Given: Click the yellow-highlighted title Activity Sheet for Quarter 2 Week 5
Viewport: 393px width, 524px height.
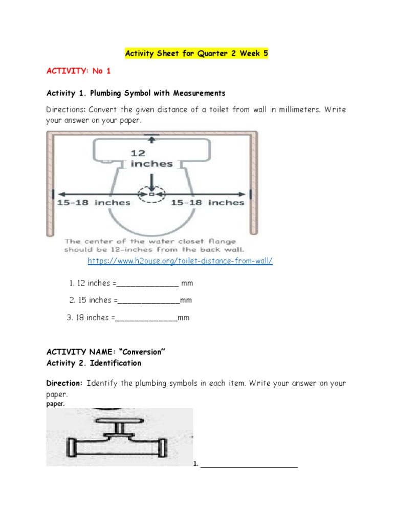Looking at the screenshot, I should pos(196,53).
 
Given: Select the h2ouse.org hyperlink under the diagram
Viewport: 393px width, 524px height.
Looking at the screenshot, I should pos(180,261).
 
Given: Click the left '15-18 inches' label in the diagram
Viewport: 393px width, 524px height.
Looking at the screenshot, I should pos(94,203).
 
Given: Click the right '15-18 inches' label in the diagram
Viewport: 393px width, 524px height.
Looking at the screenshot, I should pos(207,203).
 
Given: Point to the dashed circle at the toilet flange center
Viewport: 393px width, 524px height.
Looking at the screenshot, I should pos(151,194).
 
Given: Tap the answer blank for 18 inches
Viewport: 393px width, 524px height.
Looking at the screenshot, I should pos(146,318).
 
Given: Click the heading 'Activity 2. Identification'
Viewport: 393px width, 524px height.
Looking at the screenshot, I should pos(94,363).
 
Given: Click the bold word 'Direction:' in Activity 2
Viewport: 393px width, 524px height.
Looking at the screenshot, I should pos(64,383).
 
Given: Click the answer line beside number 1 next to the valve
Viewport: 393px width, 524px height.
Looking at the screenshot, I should pos(249,464).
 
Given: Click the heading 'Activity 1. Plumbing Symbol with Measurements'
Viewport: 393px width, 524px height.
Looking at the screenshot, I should pos(136,93).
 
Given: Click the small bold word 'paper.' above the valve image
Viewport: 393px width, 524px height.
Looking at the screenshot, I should pos(56,403).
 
